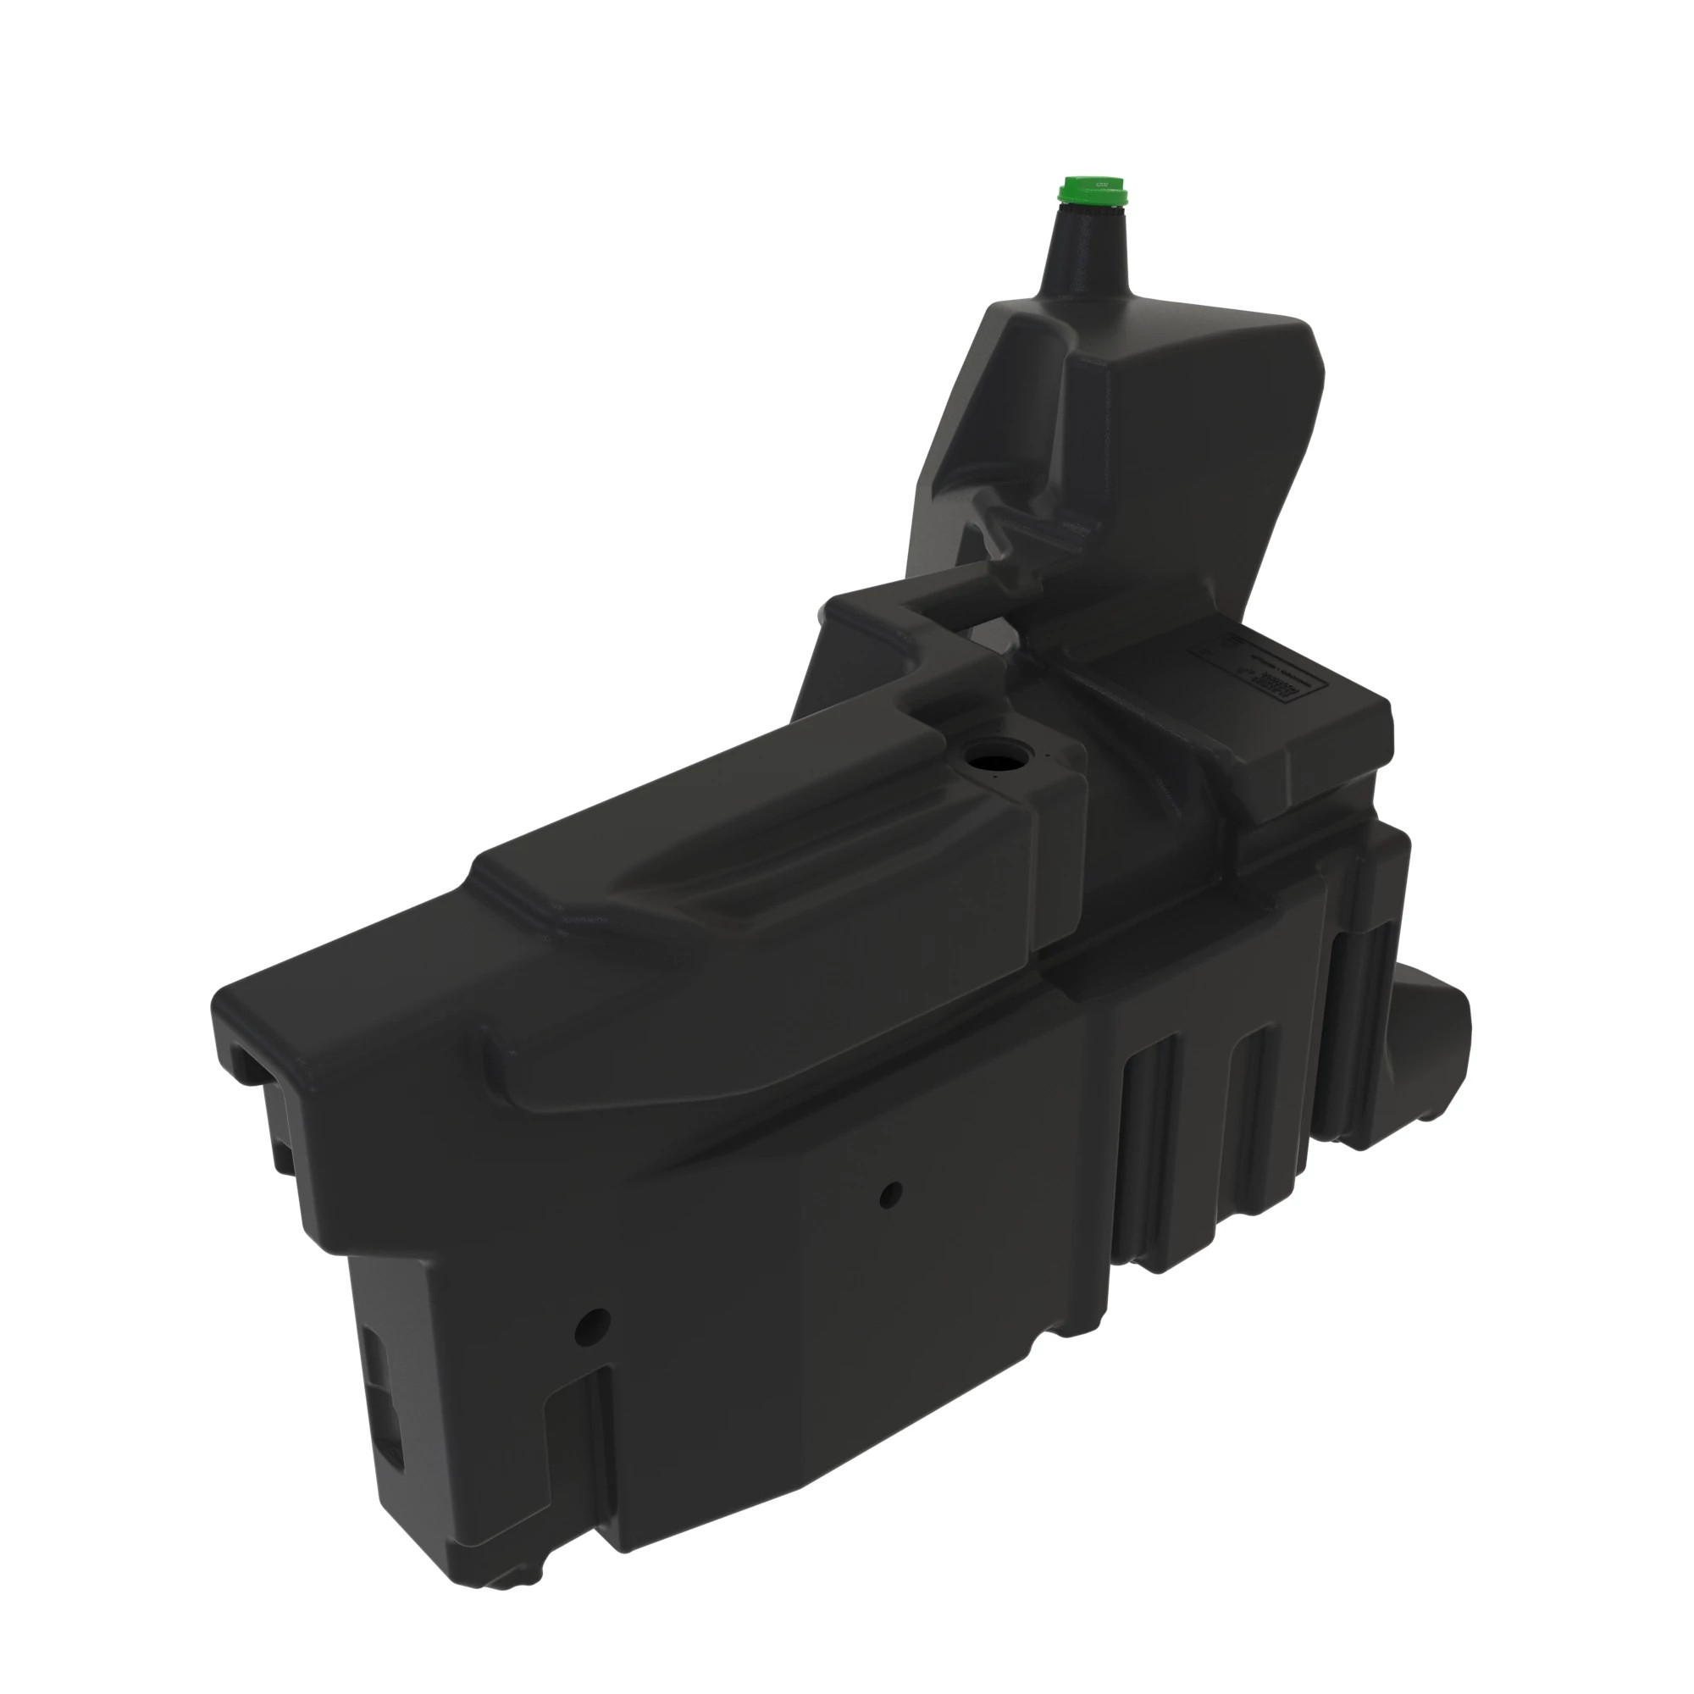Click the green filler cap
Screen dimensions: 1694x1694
(1094, 190)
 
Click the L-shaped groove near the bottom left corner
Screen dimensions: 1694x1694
(574, 1438)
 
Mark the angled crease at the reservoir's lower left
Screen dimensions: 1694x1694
(973, 518)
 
